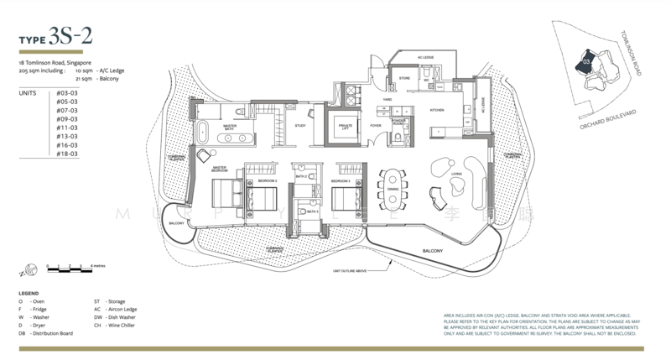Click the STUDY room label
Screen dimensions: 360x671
pos(299,128)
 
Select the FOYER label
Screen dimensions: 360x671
pos(375,128)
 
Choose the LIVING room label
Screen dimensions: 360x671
pos(457,175)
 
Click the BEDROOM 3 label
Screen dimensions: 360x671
pos(341,181)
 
